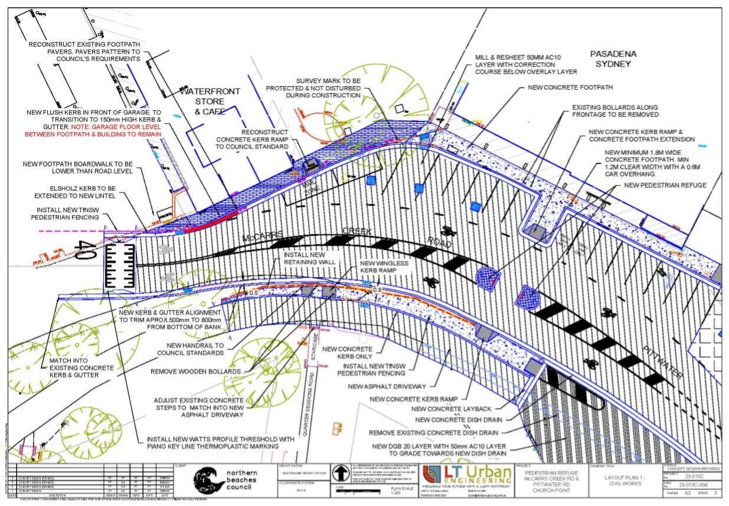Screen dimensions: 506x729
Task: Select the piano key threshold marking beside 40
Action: pos(118,267)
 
